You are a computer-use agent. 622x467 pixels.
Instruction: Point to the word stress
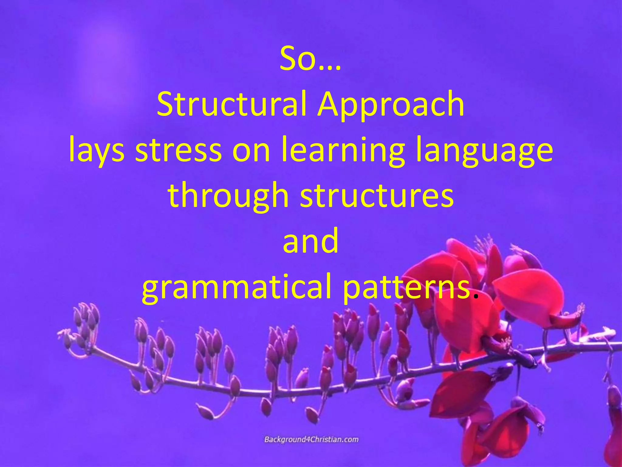(x=179, y=150)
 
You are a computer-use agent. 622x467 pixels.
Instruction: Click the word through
(x=228, y=196)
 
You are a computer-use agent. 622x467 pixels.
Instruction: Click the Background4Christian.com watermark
(x=311, y=440)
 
